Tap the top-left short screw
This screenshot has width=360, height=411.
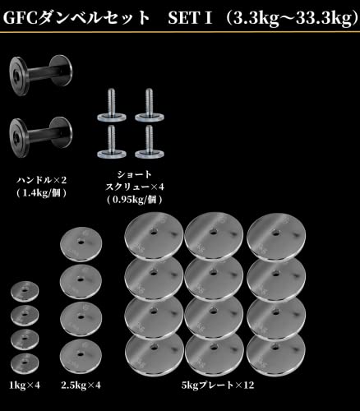112,105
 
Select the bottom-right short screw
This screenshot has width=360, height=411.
150,141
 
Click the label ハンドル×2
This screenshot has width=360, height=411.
42,180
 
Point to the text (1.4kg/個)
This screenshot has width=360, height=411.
42,193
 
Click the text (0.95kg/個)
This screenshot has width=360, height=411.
134,200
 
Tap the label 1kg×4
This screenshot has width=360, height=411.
25,386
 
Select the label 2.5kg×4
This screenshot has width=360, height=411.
81,386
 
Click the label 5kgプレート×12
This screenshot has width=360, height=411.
218,386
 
